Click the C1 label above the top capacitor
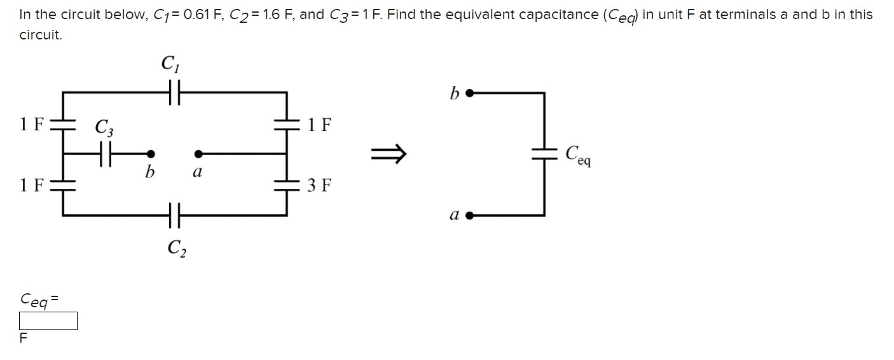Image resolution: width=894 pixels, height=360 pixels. pos(169,64)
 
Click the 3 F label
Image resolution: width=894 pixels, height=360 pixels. pos(319,186)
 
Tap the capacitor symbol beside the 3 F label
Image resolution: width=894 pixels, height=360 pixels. pos(287,184)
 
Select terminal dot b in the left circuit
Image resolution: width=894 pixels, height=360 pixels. pos(151,153)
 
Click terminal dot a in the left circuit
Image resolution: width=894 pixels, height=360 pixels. pos(198,153)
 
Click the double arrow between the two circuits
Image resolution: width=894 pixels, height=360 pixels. pos(388,153)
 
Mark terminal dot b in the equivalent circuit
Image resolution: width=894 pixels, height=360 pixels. pos(469,93)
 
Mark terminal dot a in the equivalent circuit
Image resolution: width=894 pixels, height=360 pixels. pos(469,216)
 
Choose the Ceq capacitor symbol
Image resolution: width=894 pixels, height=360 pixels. pos(544,153)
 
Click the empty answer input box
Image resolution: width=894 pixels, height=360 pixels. pos(48,321)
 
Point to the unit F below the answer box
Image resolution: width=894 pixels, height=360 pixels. pos(24,338)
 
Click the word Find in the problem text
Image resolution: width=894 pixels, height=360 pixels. pos(401,15)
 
